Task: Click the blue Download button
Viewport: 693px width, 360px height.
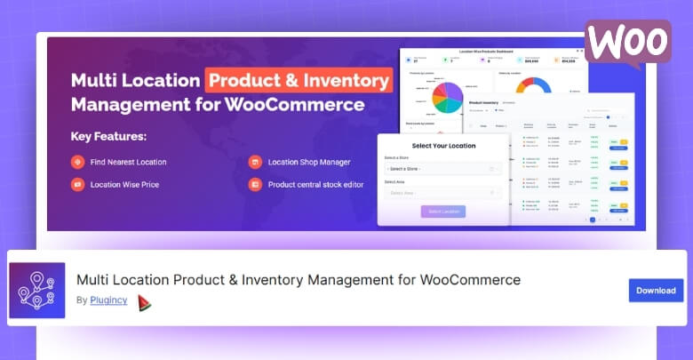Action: (x=656, y=291)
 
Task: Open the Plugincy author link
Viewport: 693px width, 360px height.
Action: (x=108, y=300)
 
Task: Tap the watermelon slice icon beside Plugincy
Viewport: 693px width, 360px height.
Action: (x=144, y=302)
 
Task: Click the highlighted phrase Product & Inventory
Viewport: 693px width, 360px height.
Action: (x=299, y=80)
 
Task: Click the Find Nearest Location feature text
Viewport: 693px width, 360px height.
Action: (x=128, y=162)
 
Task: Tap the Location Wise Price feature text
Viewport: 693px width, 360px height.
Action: (x=123, y=185)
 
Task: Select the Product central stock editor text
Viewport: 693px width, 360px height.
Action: (x=320, y=185)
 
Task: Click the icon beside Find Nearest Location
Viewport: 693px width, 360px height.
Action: (x=77, y=162)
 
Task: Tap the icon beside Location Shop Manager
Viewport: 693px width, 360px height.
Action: (x=255, y=162)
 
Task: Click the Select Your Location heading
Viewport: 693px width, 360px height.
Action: (x=443, y=146)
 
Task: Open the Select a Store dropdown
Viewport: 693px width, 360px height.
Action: (x=443, y=168)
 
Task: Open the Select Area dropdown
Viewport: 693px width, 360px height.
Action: (x=443, y=192)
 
